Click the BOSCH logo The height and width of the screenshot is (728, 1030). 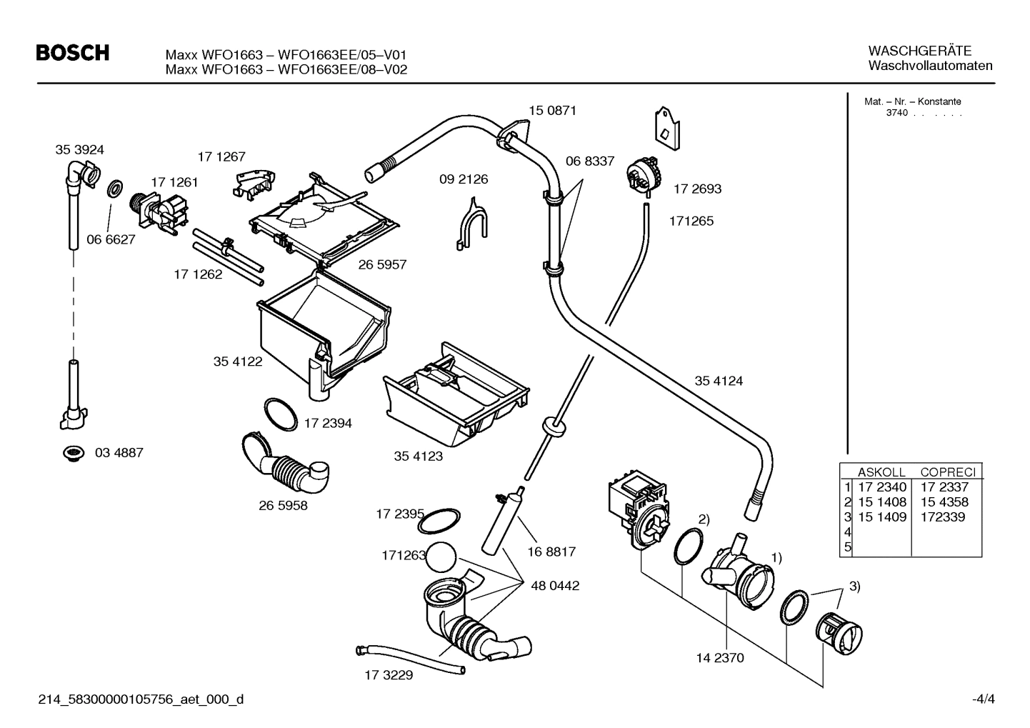click(72, 54)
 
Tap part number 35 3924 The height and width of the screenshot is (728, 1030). click(79, 149)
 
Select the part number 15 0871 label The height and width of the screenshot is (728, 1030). click(552, 111)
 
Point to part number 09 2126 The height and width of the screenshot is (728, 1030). click(464, 179)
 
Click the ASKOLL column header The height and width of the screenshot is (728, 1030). click(881, 472)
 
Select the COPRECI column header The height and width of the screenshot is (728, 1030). click(947, 472)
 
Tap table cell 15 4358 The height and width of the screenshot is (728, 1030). click(944, 502)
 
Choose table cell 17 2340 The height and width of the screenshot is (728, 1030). click(881, 487)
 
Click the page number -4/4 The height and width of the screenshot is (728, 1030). click(982, 699)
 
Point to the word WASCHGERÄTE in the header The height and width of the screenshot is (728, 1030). click(919, 51)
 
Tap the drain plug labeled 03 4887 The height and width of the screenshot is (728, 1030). click(72, 453)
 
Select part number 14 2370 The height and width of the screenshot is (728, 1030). click(719, 658)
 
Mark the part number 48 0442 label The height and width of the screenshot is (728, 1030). click(555, 586)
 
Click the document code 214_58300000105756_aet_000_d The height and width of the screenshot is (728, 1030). click(140, 699)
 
